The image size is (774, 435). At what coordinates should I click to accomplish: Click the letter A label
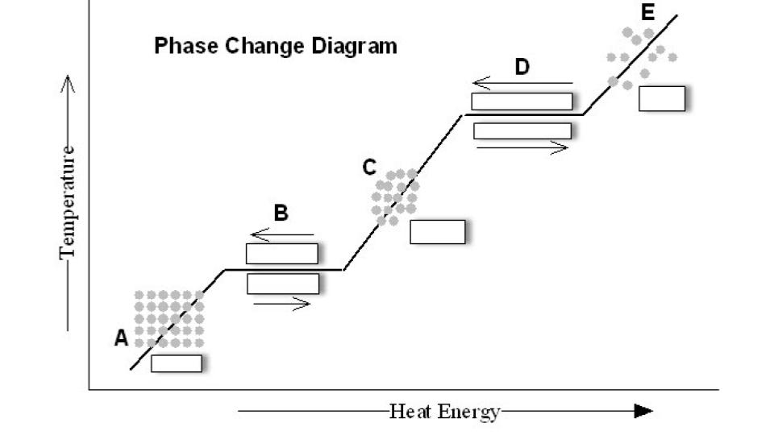(122, 338)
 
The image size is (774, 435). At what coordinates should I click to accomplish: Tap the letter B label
(281, 213)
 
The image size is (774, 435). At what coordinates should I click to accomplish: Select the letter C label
(368, 168)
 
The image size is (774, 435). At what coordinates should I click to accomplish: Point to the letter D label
(522, 67)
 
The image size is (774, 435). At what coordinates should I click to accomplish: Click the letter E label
(647, 12)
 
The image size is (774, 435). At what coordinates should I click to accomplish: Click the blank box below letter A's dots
(177, 363)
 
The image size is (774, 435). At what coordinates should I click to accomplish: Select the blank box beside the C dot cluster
(437, 232)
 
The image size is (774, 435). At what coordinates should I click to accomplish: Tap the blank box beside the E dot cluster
(662, 98)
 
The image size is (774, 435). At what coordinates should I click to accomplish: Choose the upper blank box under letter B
(282, 254)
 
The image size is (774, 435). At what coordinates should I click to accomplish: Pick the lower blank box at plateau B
(283, 284)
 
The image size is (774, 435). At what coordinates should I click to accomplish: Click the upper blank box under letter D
(522, 101)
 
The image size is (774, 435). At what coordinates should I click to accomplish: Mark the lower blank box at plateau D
(522, 130)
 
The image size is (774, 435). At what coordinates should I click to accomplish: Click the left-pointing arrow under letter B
(282, 234)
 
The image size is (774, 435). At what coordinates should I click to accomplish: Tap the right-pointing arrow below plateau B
(282, 304)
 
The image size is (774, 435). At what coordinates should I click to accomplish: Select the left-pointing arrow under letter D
(522, 83)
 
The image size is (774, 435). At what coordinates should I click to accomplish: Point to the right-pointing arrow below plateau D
(522, 147)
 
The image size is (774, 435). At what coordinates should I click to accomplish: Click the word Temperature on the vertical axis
(68, 203)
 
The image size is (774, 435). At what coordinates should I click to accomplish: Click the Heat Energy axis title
(445, 412)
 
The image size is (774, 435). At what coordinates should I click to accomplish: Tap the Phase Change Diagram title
(276, 46)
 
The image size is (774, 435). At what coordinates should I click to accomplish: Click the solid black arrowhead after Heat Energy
(643, 411)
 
